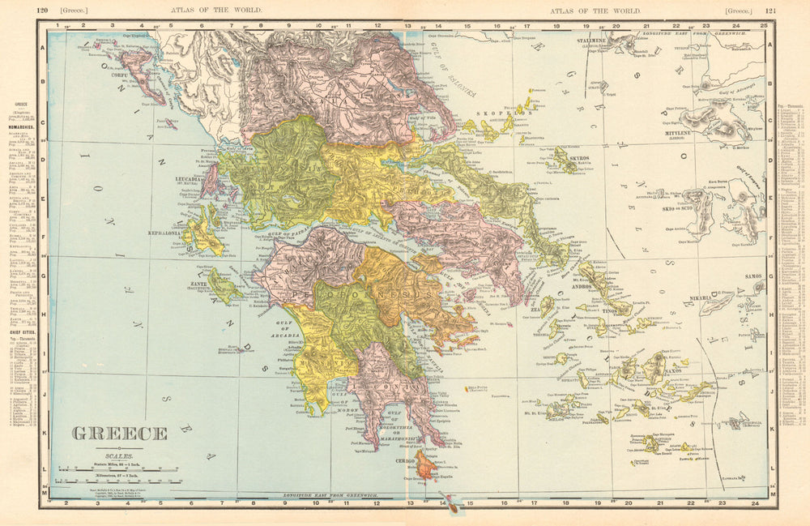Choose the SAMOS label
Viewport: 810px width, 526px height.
tap(753, 276)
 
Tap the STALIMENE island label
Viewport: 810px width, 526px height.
tap(595, 39)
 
